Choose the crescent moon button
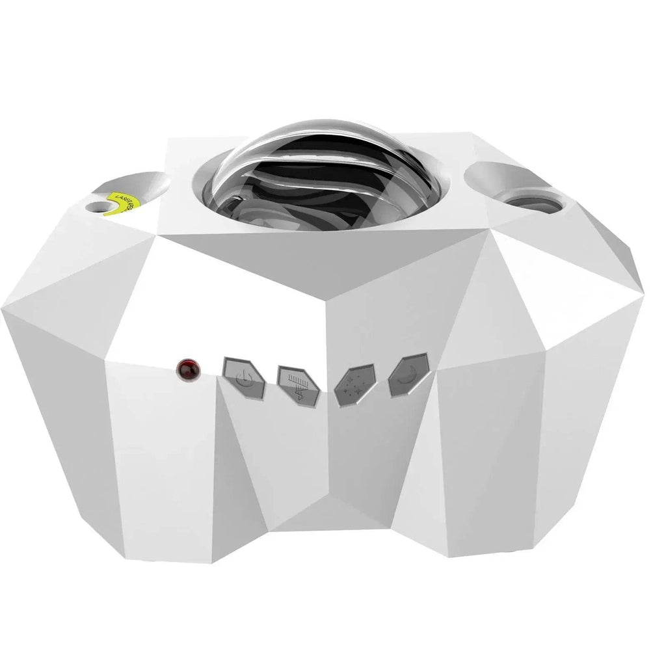coord(408,375)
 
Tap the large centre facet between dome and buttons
coord(286,293)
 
